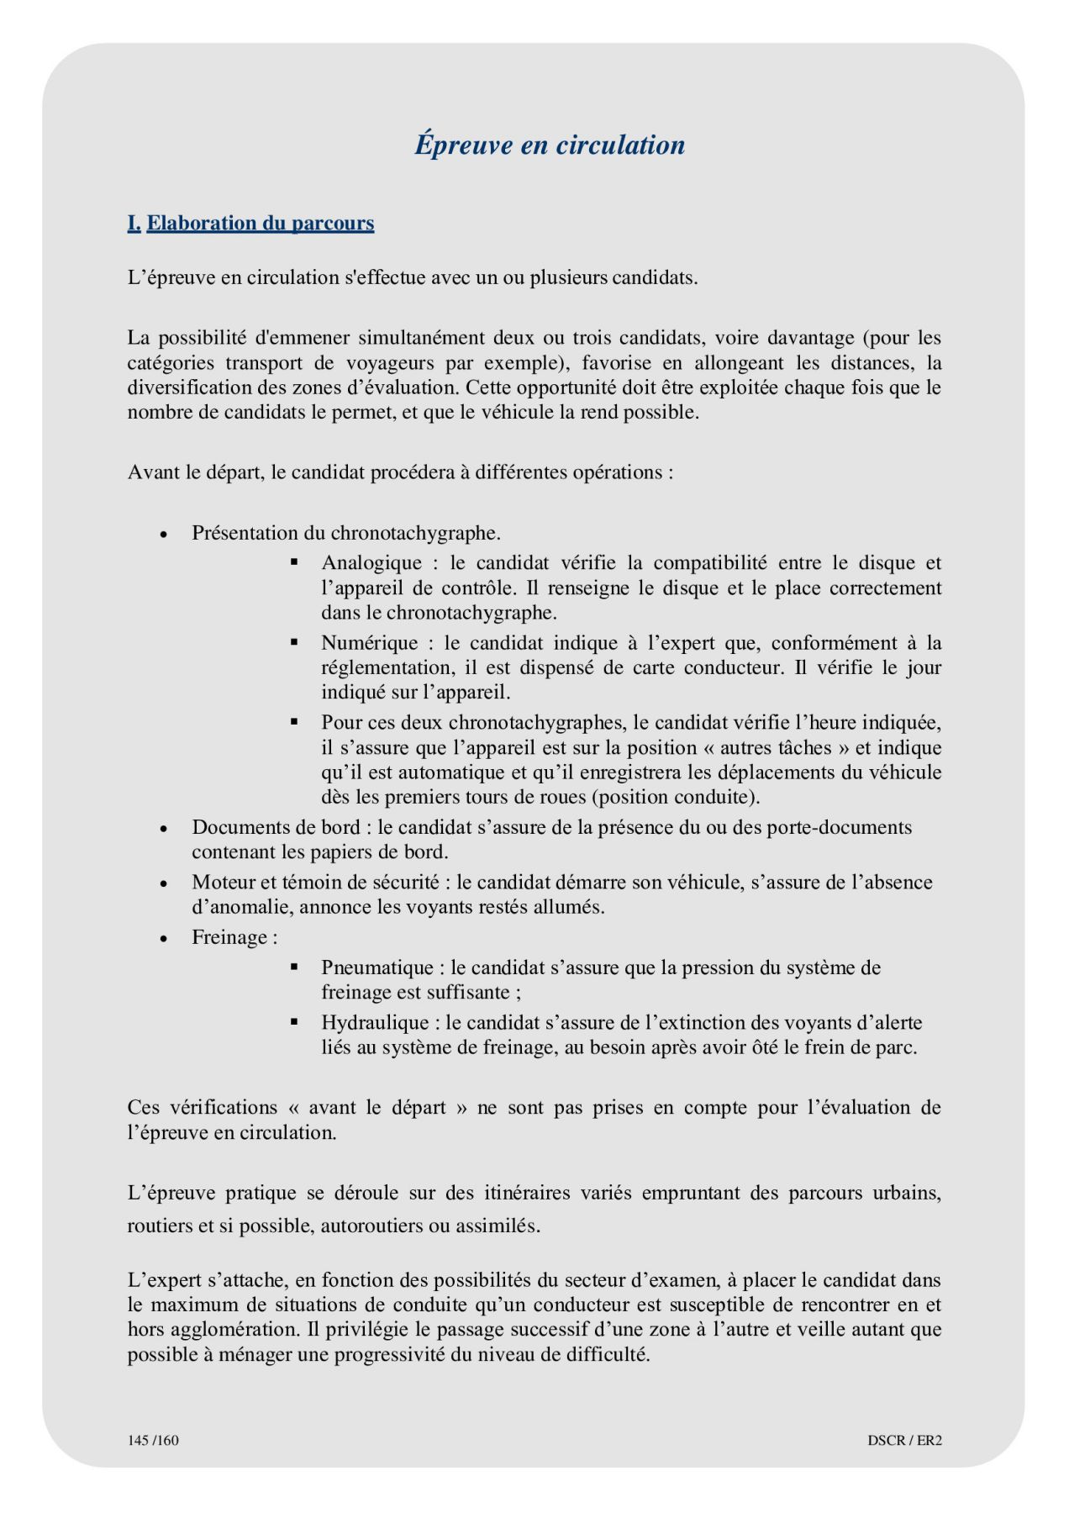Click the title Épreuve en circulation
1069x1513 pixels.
click(x=550, y=145)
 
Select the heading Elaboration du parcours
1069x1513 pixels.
click(x=261, y=224)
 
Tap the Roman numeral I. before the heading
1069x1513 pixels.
click(x=134, y=224)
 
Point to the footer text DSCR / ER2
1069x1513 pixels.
click(x=904, y=1440)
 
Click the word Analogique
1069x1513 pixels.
click(x=371, y=563)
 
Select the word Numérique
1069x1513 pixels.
click(x=369, y=643)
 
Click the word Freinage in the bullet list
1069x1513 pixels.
click(x=229, y=937)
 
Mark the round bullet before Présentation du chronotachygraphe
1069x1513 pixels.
click(x=165, y=535)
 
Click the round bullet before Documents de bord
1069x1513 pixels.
click(x=165, y=829)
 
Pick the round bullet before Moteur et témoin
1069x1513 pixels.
click(x=165, y=883)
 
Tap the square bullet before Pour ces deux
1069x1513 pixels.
click(x=294, y=721)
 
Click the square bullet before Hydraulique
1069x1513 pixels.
click(x=294, y=1022)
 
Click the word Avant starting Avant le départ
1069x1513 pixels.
click(x=153, y=472)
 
